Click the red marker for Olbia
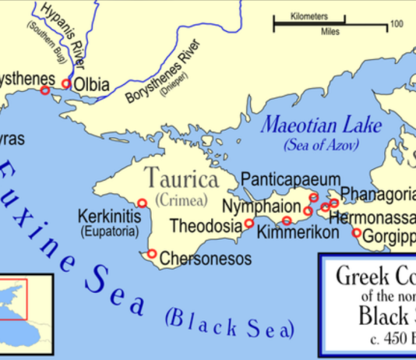[x=66, y=83]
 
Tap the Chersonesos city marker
[x=152, y=254]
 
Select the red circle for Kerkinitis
[x=142, y=203]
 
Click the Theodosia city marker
[x=249, y=224]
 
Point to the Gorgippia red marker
[x=357, y=233]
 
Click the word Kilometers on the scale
[x=308, y=16]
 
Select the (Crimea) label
[x=181, y=200]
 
